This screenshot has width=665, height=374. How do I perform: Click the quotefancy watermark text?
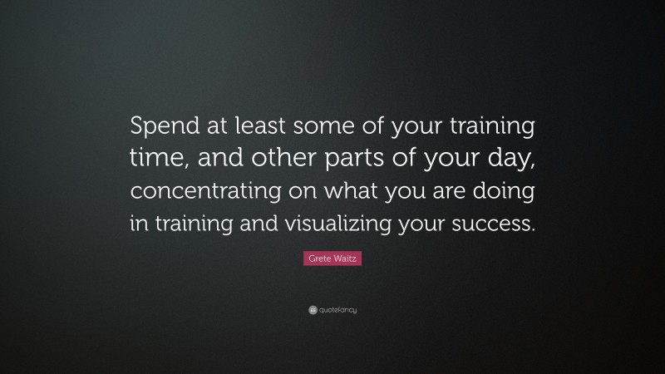click(x=337, y=310)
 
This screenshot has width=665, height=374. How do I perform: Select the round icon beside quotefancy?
click(x=313, y=310)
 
